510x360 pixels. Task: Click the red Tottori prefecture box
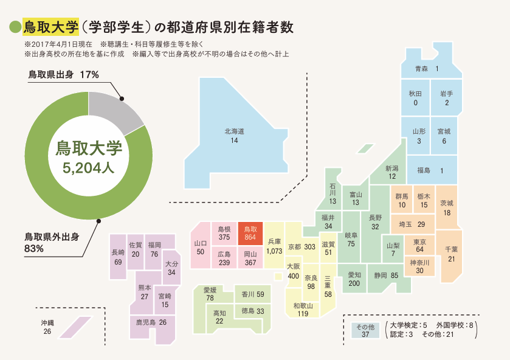point(250,234)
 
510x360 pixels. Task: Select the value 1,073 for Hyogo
point(274,251)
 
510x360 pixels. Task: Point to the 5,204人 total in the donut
point(89,168)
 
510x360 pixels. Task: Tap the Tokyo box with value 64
point(419,246)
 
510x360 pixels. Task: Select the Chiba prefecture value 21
point(451,259)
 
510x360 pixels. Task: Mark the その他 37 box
point(365,330)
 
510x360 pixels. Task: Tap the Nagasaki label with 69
point(118,257)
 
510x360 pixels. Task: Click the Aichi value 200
point(354,283)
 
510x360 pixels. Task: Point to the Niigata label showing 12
point(392,172)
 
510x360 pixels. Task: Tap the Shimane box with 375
point(224,234)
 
